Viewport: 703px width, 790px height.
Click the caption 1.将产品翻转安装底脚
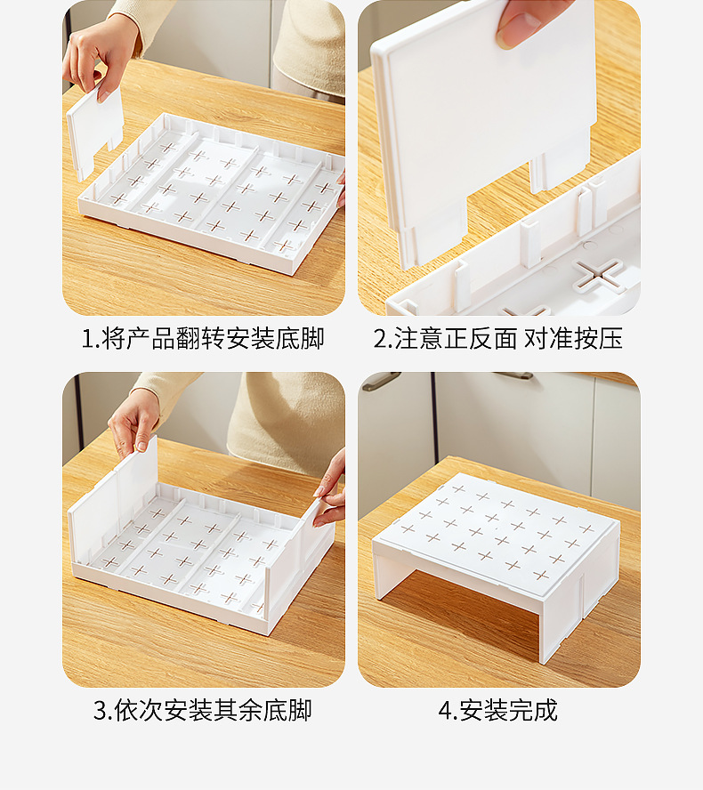[203, 339]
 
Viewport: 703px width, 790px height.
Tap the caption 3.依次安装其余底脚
[203, 711]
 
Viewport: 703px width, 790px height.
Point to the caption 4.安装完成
[498, 711]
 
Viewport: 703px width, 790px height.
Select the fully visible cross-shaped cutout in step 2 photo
[597, 276]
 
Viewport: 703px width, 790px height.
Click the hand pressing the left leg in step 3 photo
[133, 422]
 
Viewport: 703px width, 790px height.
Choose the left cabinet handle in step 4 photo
[381, 382]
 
